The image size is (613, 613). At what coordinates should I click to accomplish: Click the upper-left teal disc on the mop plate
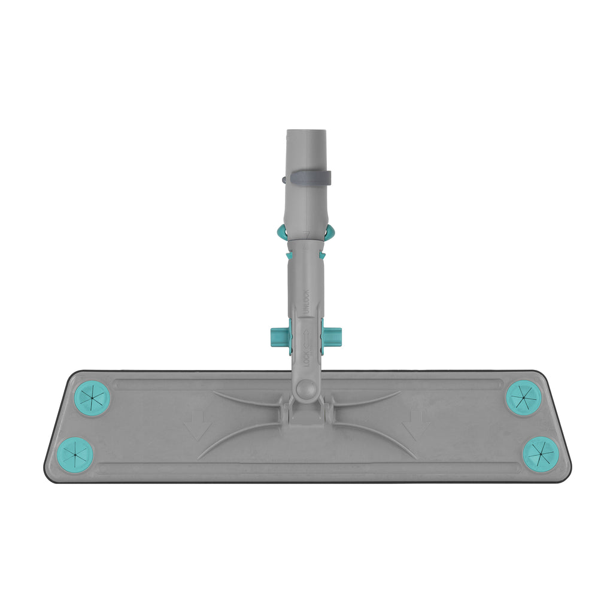pos(92,397)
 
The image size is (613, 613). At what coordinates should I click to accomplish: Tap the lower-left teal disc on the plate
pos(75,454)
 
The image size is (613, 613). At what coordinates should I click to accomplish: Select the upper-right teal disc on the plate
pos(524,397)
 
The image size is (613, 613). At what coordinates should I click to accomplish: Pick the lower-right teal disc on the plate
pos(541,454)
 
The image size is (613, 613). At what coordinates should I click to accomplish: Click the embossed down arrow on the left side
pos(198,425)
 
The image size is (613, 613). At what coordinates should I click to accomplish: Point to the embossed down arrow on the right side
pos(416,425)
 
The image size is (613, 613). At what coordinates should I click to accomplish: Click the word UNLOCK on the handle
pos(306,302)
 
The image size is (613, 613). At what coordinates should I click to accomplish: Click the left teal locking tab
pos(281,337)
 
